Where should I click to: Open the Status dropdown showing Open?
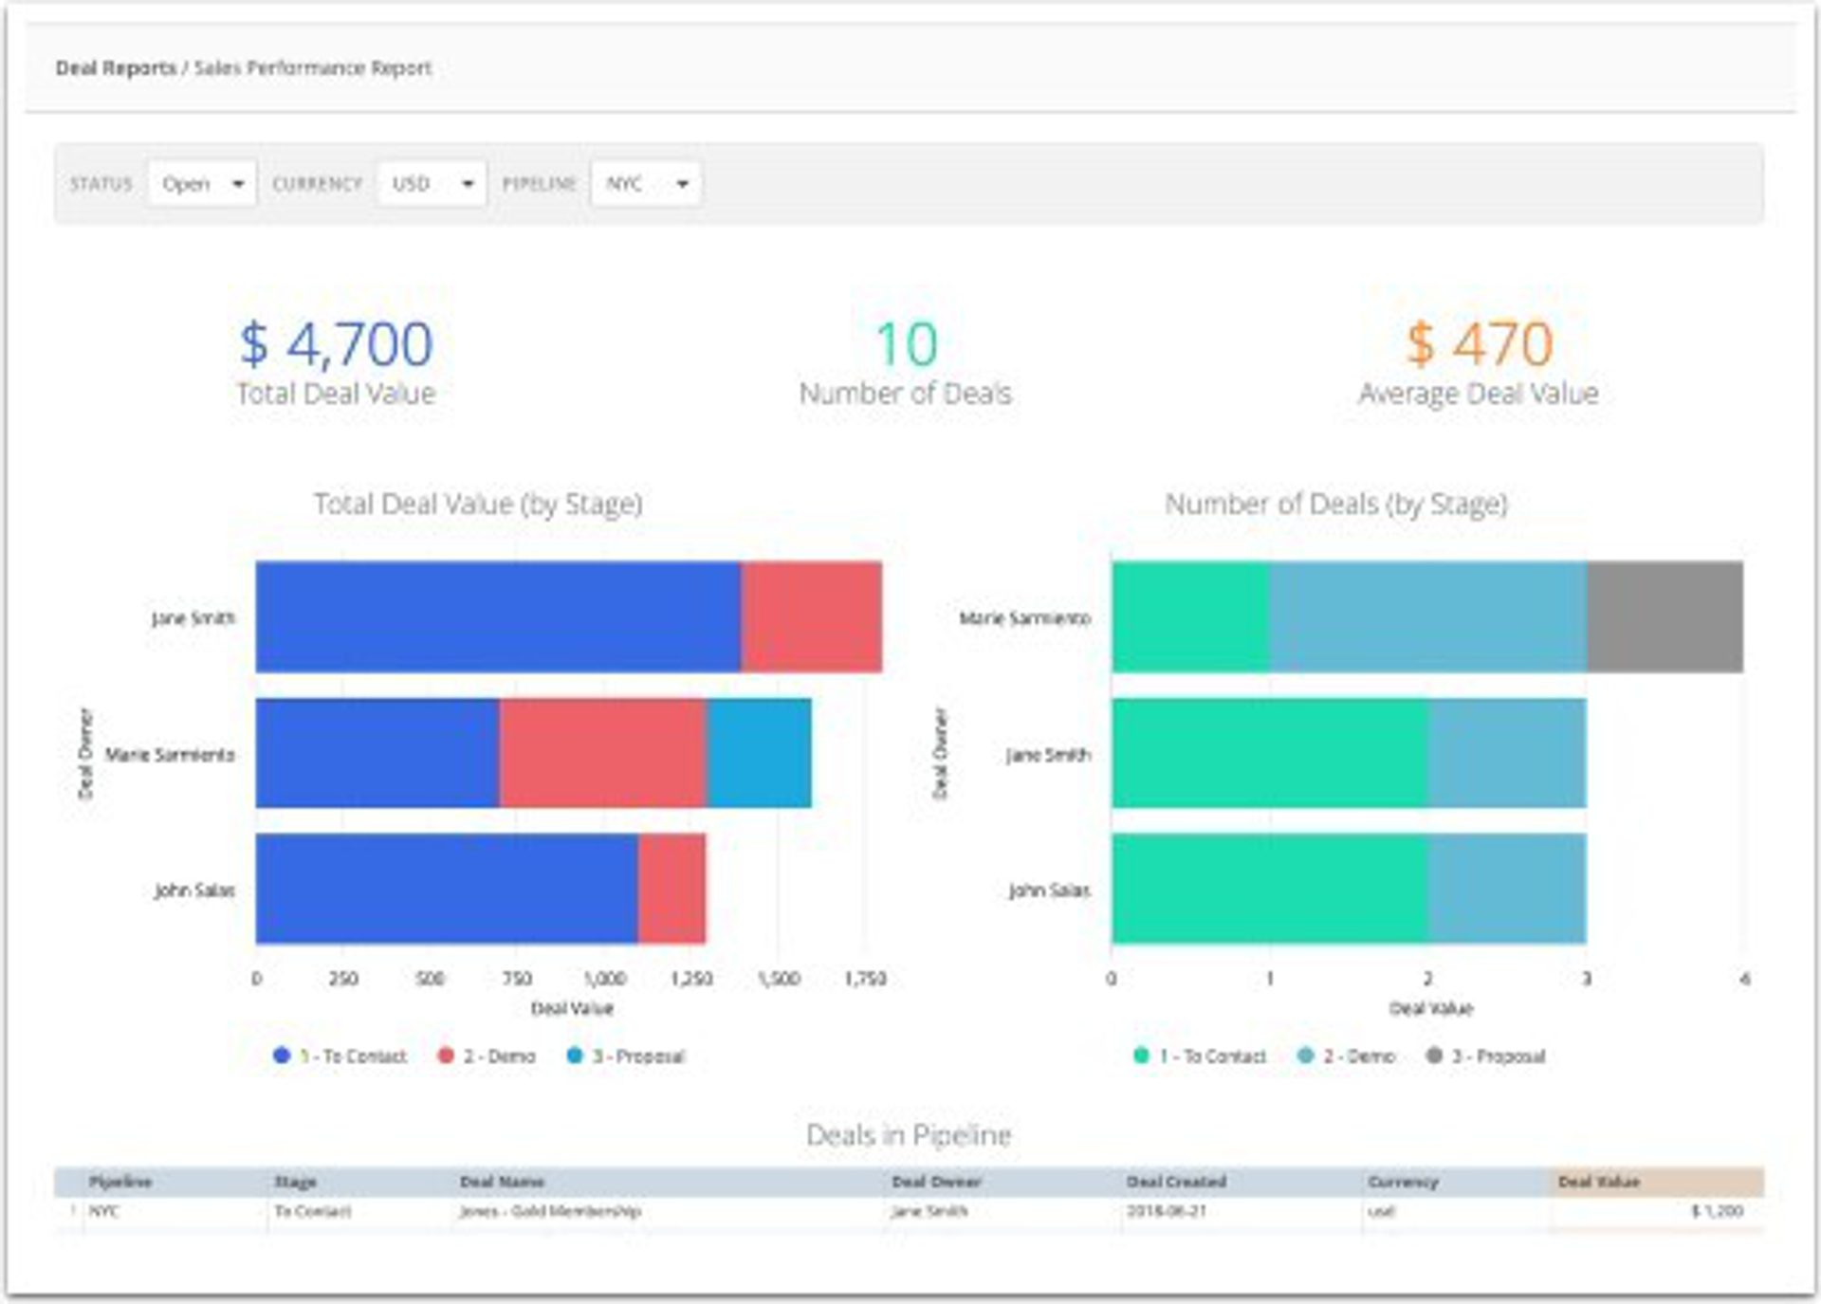pos(202,184)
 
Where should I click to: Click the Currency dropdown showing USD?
pos(432,184)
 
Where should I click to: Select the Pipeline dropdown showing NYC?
pos(646,184)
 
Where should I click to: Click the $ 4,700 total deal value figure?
pos(337,344)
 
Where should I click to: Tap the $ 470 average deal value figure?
pos(1479,344)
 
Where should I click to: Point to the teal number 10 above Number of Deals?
pos(906,344)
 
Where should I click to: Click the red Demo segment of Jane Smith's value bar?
pos(812,617)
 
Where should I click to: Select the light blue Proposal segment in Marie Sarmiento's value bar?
pos(759,754)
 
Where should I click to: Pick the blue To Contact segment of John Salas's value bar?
pos(447,889)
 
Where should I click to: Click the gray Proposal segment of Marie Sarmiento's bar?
pos(1665,617)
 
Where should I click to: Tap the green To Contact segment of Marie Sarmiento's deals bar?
pos(1190,617)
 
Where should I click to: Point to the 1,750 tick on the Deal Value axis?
pos(864,979)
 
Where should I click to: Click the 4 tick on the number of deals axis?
pos(1743,979)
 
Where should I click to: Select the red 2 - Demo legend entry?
pos(487,1056)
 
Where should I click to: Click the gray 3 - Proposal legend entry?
pos(1486,1056)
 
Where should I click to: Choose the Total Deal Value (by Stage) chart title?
pos(478,505)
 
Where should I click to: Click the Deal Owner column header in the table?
pos(936,1183)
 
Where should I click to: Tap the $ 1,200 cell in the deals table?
pos(1717,1212)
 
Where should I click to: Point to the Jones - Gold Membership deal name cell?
pos(550,1212)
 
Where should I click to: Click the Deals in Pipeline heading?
pos(909,1135)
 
